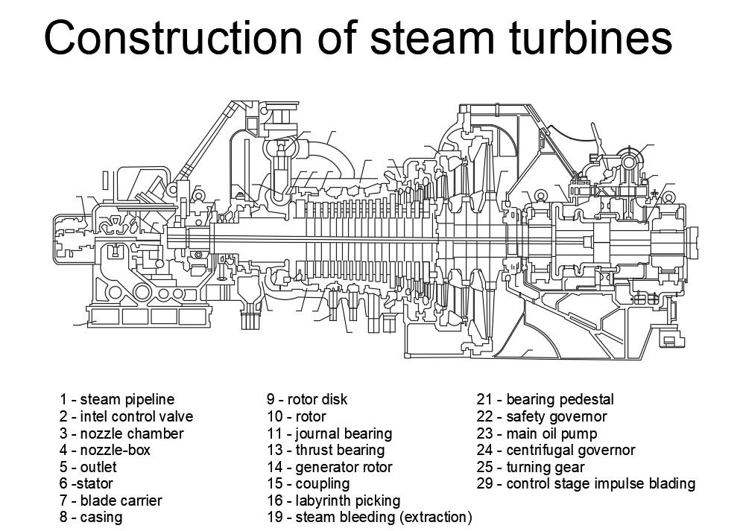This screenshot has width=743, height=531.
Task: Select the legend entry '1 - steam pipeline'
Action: tap(117, 399)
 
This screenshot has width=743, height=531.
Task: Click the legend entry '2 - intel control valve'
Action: tap(126, 416)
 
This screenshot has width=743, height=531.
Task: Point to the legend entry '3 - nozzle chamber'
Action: tap(121, 433)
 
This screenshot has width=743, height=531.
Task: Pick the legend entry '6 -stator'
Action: tap(86, 484)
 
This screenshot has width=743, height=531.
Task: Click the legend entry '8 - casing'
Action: tap(91, 517)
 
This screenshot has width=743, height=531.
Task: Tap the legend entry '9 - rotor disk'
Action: tap(307, 399)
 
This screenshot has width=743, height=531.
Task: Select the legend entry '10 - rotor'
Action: tap(297, 416)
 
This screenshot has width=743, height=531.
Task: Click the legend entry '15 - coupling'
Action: tap(308, 484)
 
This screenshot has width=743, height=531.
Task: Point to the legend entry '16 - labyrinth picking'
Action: tap(333, 500)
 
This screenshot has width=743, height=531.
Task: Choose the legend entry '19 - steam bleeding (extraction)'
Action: tap(370, 517)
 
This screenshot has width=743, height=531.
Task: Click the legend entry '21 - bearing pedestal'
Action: tap(545, 399)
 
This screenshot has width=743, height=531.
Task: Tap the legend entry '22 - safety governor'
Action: tap(542, 416)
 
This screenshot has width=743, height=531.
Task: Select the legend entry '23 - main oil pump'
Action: tap(537, 433)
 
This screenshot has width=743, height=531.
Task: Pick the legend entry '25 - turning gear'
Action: tap(531, 468)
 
